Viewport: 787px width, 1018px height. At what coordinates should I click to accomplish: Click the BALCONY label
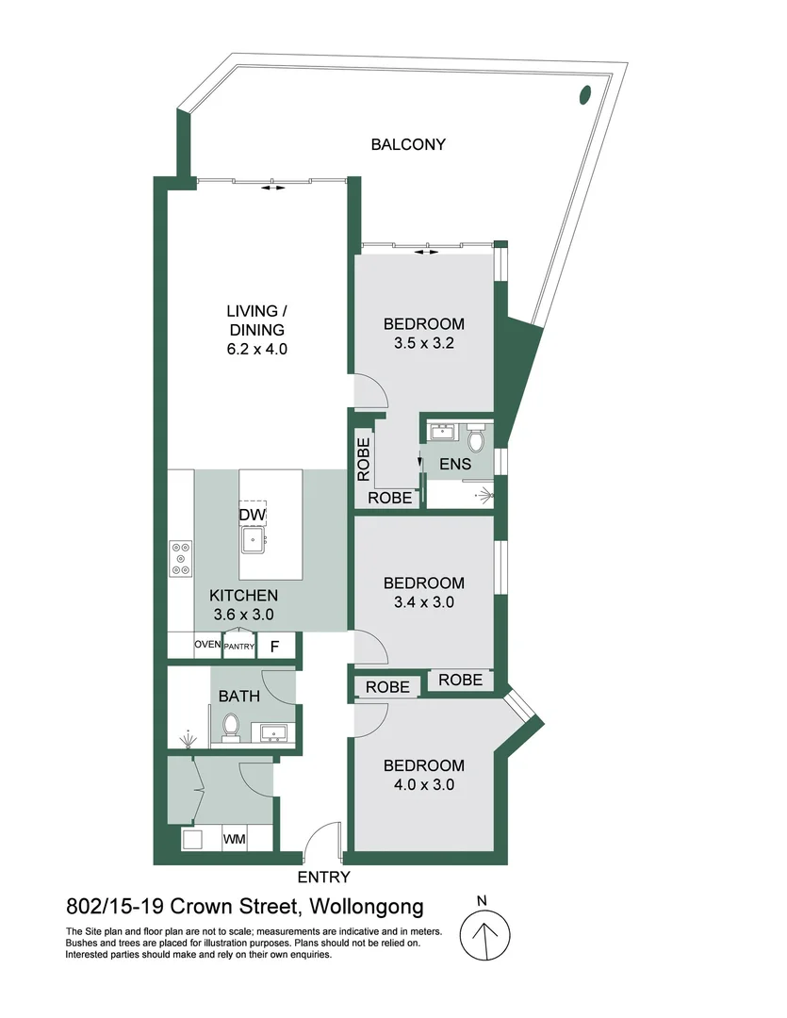pyautogui.click(x=407, y=145)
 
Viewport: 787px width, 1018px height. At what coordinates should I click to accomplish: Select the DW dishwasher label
pyautogui.click(x=253, y=516)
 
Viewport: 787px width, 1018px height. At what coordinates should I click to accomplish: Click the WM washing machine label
pyautogui.click(x=235, y=839)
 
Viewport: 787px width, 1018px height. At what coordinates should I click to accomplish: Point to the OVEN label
pyautogui.click(x=207, y=646)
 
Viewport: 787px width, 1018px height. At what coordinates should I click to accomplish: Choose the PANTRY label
pyautogui.click(x=238, y=647)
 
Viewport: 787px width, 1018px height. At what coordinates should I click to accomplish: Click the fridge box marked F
pyautogui.click(x=275, y=647)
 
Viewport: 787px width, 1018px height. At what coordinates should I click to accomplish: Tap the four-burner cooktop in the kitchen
pyautogui.click(x=180, y=558)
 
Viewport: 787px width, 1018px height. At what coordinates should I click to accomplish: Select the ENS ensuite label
pyautogui.click(x=455, y=466)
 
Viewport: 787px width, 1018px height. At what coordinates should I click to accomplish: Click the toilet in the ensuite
pyautogui.click(x=476, y=439)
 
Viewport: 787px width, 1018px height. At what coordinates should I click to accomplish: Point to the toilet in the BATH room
pyautogui.click(x=230, y=727)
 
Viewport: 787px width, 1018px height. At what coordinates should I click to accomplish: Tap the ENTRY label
pyautogui.click(x=323, y=878)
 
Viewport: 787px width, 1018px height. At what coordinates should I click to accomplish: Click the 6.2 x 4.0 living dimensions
pyautogui.click(x=255, y=349)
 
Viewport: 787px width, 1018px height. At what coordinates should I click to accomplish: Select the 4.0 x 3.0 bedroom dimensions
pyautogui.click(x=423, y=784)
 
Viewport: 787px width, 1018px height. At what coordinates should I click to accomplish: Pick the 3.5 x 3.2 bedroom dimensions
pyautogui.click(x=424, y=343)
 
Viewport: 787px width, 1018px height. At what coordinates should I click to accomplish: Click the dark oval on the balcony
pyautogui.click(x=585, y=94)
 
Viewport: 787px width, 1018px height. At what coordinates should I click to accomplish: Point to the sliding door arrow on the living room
pyautogui.click(x=272, y=189)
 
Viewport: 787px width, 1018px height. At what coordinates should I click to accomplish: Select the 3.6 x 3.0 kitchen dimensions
pyautogui.click(x=241, y=614)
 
